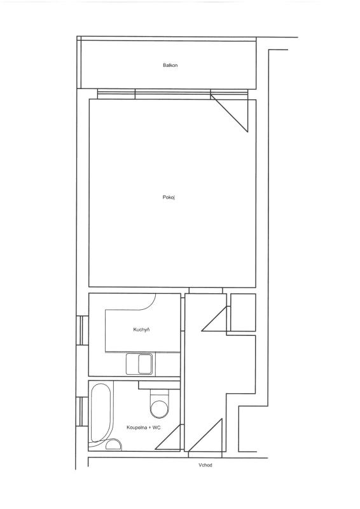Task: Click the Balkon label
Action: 170,66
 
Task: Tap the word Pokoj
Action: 169,197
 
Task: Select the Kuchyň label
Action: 141,330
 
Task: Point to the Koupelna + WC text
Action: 144,428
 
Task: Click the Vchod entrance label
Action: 205,465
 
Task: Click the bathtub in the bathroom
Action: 101,414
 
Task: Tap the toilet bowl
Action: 160,408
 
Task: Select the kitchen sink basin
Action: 145,364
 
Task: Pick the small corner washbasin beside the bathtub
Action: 114,444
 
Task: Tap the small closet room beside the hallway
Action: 243,312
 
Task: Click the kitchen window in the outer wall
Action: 83,330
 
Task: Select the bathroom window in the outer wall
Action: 83,411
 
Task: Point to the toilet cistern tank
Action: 160,394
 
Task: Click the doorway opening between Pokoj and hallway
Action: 206,290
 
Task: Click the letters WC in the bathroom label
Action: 156,428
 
